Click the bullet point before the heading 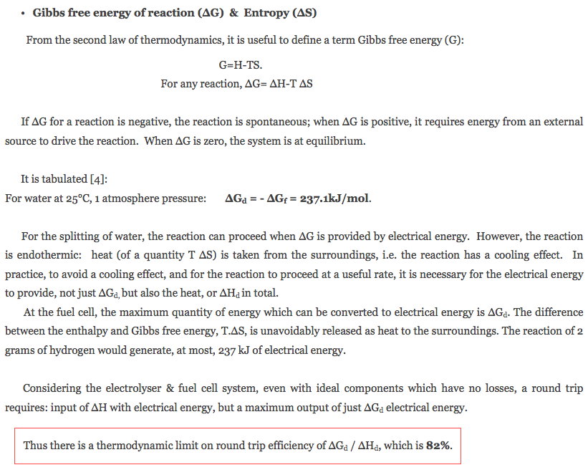[24, 14]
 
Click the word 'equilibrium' [334, 140]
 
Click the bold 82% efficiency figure [438, 445]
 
